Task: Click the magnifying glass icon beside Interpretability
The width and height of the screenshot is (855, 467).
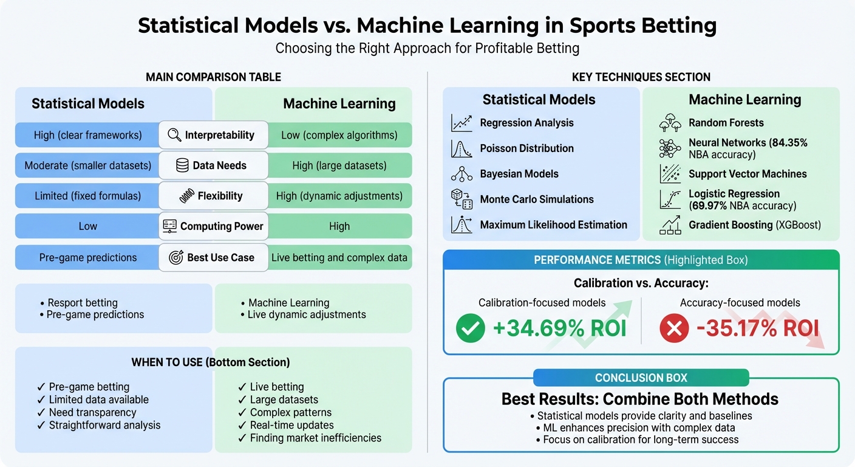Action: pyautogui.click(x=174, y=135)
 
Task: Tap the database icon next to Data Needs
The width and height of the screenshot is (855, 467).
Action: pyautogui.click(x=182, y=165)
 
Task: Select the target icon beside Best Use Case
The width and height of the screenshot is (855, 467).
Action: pyautogui.click(x=176, y=257)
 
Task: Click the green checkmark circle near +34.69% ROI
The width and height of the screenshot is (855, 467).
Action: pyautogui.click(x=471, y=329)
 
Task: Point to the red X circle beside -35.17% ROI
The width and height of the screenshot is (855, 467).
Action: pyautogui.click(x=674, y=329)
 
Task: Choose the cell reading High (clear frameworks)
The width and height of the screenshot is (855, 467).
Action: pyautogui.click(x=87, y=135)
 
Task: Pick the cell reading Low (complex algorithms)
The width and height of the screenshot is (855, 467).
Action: pyautogui.click(x=339, y=135)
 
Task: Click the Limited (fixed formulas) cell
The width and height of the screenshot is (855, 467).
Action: pyautogui.click(x=87, y=196)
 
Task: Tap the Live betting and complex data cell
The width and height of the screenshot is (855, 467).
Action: pyautogui.click(x=339, y=257)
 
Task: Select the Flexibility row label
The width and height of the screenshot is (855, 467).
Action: pyautogui.click(x=220, y=196)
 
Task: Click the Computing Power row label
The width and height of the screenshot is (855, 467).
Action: pyautogui.click(x=222, y=226)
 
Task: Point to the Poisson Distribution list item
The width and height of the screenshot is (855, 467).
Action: pyautogui.click(x=526, y=148)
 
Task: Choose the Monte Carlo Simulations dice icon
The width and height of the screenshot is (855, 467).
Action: pyautogui.click(x=462, y=199)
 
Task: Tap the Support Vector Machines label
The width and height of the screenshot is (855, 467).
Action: pyautogui.click(x=748, y=174)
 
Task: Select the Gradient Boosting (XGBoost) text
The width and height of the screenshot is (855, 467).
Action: pyautogui.click(x=754, y=225)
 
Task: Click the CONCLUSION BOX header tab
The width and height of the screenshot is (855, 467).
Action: pyautogui.click(x=641, y=378)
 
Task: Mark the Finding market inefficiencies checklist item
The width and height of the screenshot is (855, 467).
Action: pyautogui.click(x=315, y=438)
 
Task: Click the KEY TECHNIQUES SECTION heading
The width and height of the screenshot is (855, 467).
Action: pyautogui.click(x=641, y=77)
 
